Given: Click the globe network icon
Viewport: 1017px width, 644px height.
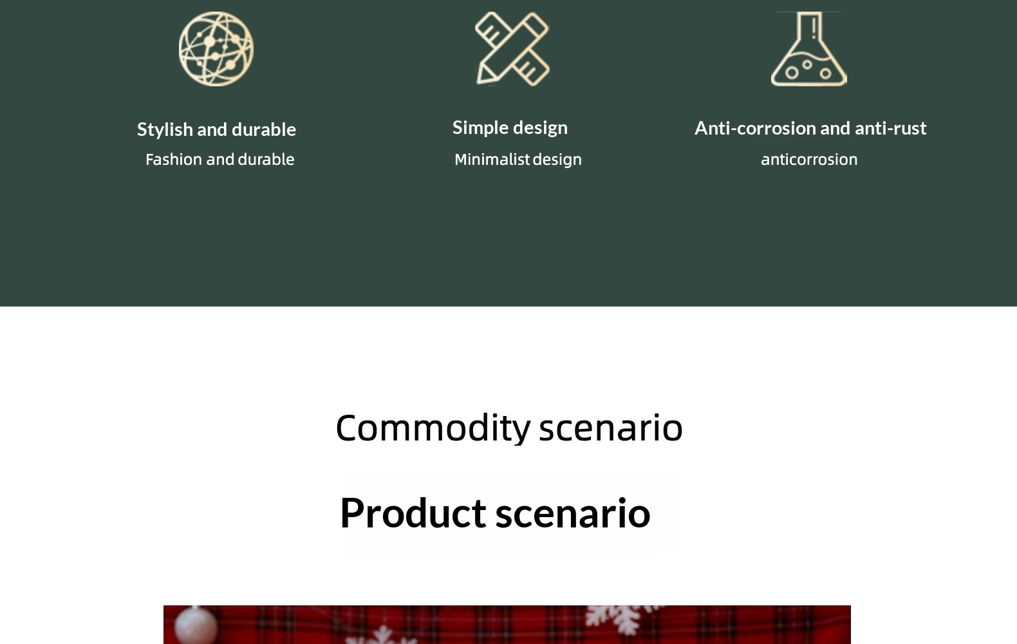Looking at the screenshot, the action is [216, 49].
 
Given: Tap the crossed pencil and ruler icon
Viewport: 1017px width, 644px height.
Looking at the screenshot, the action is [512, 49].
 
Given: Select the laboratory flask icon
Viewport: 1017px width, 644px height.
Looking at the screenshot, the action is [808, 49].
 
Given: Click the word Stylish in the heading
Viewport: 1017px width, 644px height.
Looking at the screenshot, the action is [165, 130].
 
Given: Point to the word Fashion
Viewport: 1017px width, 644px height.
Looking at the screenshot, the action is [173, 160].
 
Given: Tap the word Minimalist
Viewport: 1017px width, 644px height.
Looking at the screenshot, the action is [492, 160].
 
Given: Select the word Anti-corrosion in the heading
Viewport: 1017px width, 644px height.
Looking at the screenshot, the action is [755, 129].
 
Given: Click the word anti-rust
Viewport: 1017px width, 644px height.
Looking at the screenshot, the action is [890, 129].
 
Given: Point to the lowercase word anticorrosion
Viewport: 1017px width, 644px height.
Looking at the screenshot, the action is [809, 160].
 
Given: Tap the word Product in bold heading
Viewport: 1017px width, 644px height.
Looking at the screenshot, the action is [413, 513].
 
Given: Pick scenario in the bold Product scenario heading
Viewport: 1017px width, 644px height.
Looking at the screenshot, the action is [572, 513].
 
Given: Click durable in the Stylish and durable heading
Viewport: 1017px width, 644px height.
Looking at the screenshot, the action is [264, 130].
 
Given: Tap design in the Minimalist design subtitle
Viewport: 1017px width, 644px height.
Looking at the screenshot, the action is [557, 160].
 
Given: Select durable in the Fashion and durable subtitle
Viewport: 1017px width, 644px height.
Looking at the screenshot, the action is [266, 160].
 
